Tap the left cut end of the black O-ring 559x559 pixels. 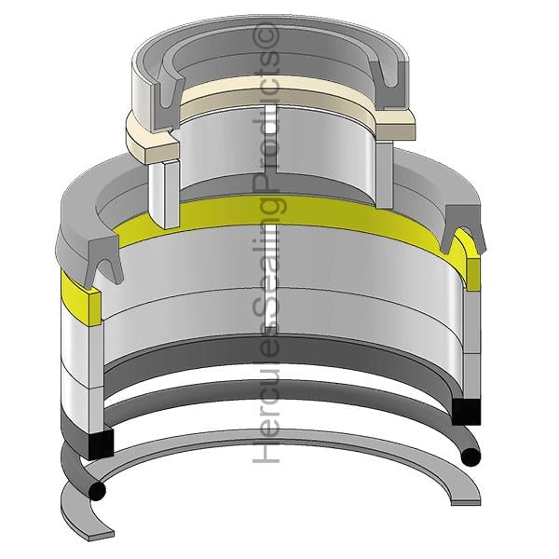pyautogui.click(x=97, y=492)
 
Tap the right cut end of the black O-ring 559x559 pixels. pyautogui.click(x=470, y=457)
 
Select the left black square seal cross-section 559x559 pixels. pyautogui.click(x=101, y=443)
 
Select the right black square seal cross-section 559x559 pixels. pyautogui.click(x=467, y=412)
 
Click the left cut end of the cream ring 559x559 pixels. pyautogui.click(x=161, y=153)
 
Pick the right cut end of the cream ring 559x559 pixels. pyautogui.click(x=396, y=131)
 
